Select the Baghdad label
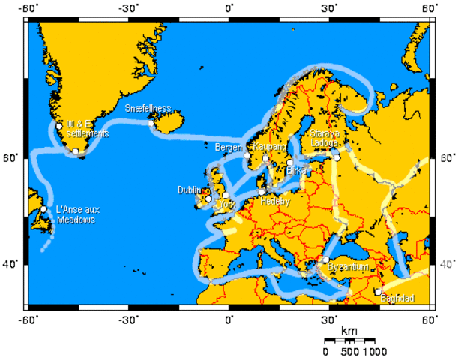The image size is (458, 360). click(397, 299)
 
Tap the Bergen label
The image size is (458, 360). click(229, 147)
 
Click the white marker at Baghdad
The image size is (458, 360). click(378, 292)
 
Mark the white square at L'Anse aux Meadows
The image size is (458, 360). click(44, 209)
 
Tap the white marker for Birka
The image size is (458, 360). click(289, 163)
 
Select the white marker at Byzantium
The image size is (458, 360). click(326, 259)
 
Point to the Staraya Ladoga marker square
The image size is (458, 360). click(337, 157)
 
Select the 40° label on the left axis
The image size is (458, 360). click(13, 263)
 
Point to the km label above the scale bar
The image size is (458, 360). click(349, 331)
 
